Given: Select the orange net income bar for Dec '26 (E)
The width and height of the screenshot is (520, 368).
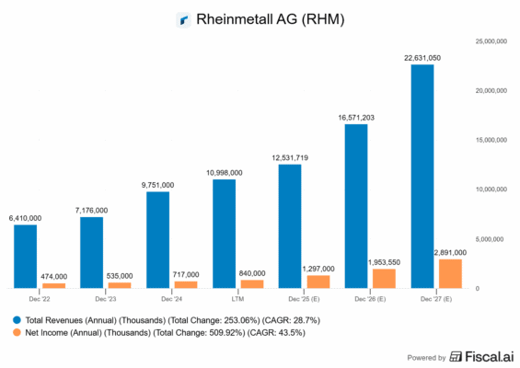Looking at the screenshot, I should (x=384, y=278).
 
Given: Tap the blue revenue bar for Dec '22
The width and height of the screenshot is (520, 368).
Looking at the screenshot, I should (x=26, y=256).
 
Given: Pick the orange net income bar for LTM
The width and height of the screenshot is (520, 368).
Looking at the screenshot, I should (x=251, y=283).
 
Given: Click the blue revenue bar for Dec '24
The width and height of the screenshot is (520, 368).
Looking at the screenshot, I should (x=158, y=239).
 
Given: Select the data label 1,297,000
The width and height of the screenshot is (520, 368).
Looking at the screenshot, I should (x=318, y=268).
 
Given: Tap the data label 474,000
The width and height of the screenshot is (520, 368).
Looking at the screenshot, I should (x=53, y=276).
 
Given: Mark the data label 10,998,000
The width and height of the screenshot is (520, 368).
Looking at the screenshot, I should (x=224, y=172).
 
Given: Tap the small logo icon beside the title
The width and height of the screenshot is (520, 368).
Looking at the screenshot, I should (x=183, y=18).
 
